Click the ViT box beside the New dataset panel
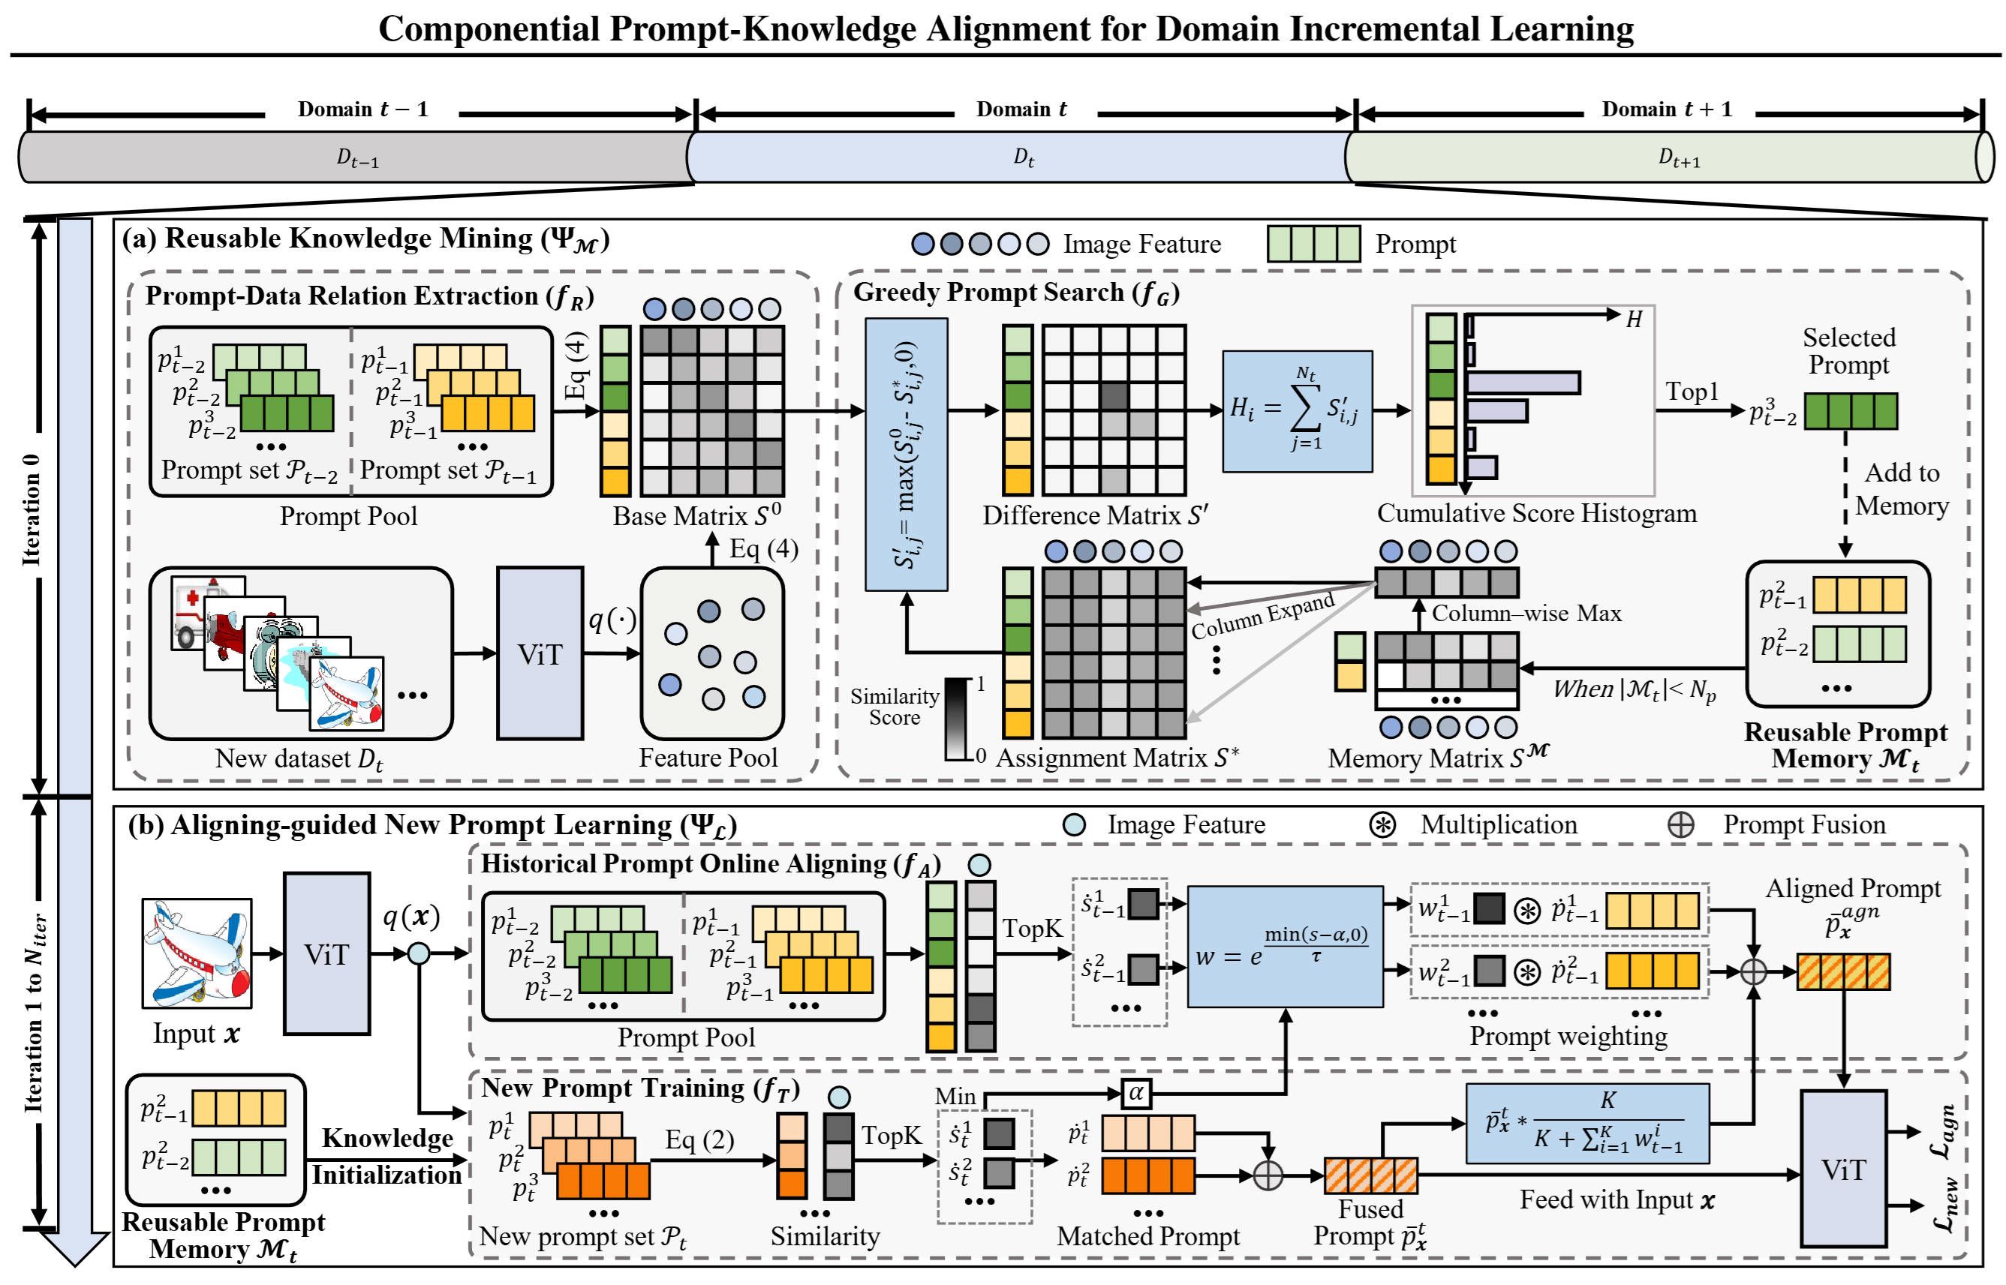540,653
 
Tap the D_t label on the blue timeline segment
1024,157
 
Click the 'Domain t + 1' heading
1666,110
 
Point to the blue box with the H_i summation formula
1296,410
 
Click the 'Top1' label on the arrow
1692,392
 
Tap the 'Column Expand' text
1262,617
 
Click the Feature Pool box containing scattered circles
711,653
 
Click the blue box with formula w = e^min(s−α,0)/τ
1285,946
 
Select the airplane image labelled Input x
197,953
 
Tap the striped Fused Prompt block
1370,1175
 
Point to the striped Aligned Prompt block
1842,972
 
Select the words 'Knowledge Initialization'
386,1157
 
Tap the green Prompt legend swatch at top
1313,244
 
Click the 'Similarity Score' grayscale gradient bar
957,719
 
